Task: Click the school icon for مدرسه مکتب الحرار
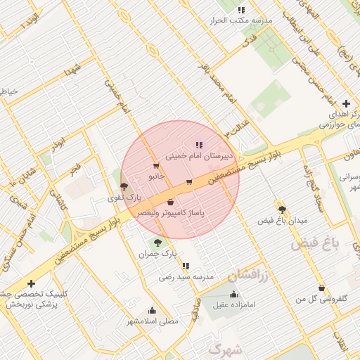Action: point(242,10)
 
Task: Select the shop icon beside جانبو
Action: point(155,167)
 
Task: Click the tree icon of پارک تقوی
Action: point(124,187)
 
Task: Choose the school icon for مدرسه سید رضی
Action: point(186,266)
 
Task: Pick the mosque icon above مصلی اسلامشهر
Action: point(152,310)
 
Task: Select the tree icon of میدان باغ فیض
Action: point(282,210)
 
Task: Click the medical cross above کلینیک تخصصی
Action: point(30,283)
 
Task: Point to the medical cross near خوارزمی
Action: point(345,103)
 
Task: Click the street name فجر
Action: point(75,169)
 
